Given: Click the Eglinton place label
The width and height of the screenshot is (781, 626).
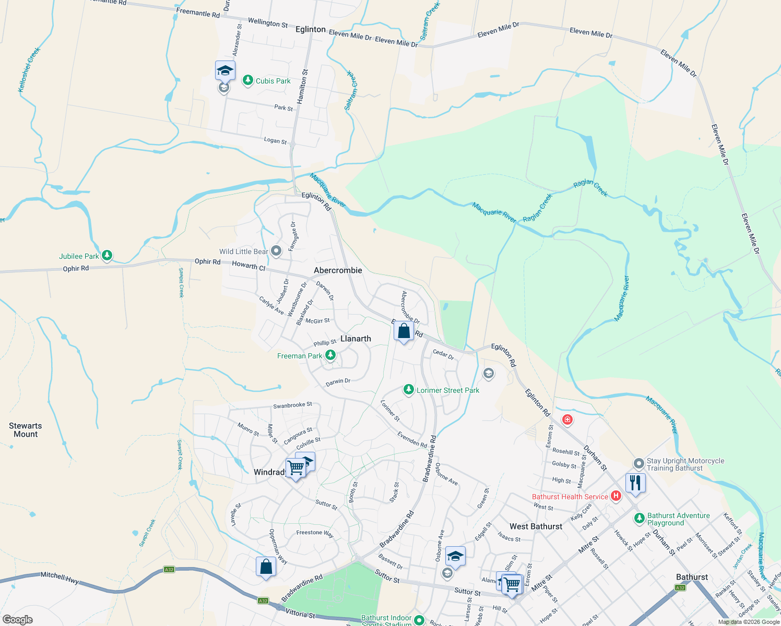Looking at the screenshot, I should [x=310, y=29].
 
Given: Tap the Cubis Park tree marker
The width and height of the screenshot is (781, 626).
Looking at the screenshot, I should [x=248, y=80].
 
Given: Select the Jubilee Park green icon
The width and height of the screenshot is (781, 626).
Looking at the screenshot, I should [x=107, y=256].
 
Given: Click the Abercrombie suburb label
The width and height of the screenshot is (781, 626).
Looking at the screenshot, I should [x=338, y=270].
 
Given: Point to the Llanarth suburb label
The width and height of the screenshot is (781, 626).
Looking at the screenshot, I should [x=356, y=339].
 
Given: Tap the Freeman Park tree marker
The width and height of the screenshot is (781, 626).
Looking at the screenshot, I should [x=330, y=355].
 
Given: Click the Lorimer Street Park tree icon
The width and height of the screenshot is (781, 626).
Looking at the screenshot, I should [x=409, y=390].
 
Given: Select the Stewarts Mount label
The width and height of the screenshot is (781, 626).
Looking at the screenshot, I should [x=26, y=430].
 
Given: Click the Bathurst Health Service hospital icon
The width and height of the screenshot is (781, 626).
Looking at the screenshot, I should [x=616, y=496].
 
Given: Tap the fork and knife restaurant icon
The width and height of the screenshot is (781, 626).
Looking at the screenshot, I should [x=635, y=482].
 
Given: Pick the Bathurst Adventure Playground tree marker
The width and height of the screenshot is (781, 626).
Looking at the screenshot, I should [x=639, y=519].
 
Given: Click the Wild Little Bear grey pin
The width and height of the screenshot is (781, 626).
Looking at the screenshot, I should [x=276, y=251].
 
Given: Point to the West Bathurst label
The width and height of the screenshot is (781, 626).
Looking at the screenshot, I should [x=536, y=526].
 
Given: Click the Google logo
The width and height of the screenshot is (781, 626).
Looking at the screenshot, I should [x=18, y=620].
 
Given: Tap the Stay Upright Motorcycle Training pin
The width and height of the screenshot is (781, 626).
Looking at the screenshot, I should [x=638, y=464].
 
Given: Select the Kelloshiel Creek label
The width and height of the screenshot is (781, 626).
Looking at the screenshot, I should [x=29, y=70].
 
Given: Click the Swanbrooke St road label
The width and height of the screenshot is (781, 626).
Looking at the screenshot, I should [x=292, y=405].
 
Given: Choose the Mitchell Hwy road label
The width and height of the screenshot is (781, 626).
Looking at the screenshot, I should [x=60, y=576].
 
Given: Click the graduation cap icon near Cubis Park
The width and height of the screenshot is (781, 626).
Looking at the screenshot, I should [x=225, y=70].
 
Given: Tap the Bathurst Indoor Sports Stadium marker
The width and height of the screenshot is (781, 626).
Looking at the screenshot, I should [x=419, y=620].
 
